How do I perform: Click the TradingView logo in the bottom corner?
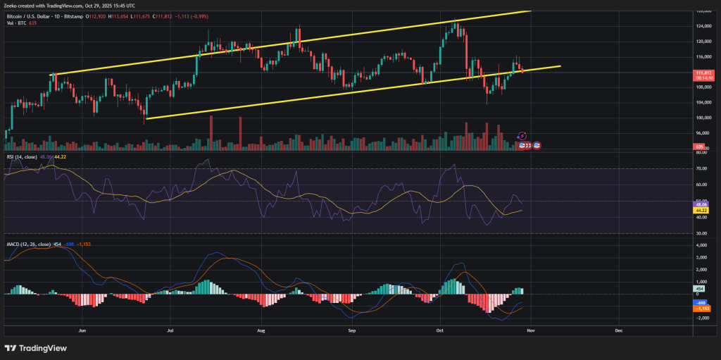37,347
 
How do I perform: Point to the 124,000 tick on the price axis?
701,27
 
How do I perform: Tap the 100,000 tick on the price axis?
701,118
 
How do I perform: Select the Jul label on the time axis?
171,329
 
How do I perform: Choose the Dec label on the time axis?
618,329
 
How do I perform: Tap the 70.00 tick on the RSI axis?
701,169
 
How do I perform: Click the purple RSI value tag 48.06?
701,204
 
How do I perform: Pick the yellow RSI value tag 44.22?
701,210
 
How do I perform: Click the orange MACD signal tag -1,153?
701,309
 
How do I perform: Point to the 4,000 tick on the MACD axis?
701,245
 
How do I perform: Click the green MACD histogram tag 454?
701,288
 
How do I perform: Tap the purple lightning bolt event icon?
522,135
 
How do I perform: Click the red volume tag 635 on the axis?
700,147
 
